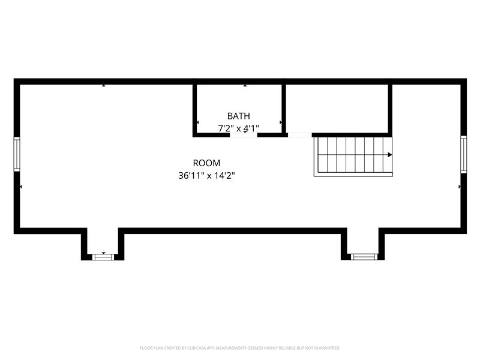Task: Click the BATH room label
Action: pos(238,116)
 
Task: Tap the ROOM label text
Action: pos(206,163)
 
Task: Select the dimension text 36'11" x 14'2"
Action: pos(206,176)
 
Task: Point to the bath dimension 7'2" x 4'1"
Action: pos(238,128)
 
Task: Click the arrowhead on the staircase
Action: pos(389,155)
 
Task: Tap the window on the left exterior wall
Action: pos(17,154)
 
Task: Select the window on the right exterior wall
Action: pos(463,154)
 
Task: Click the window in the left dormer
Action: pos(103,257)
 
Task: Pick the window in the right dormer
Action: pos(364,257)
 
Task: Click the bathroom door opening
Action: pos(244,135)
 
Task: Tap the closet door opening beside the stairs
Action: pos(299,135)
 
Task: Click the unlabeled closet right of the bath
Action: pos(337,109)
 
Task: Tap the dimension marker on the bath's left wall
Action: pos(197,122)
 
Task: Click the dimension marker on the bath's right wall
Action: pos(281,122)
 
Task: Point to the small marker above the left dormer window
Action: pos(104,253)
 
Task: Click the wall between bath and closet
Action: pos(284,109)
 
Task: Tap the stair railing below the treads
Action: pos(353,175)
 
